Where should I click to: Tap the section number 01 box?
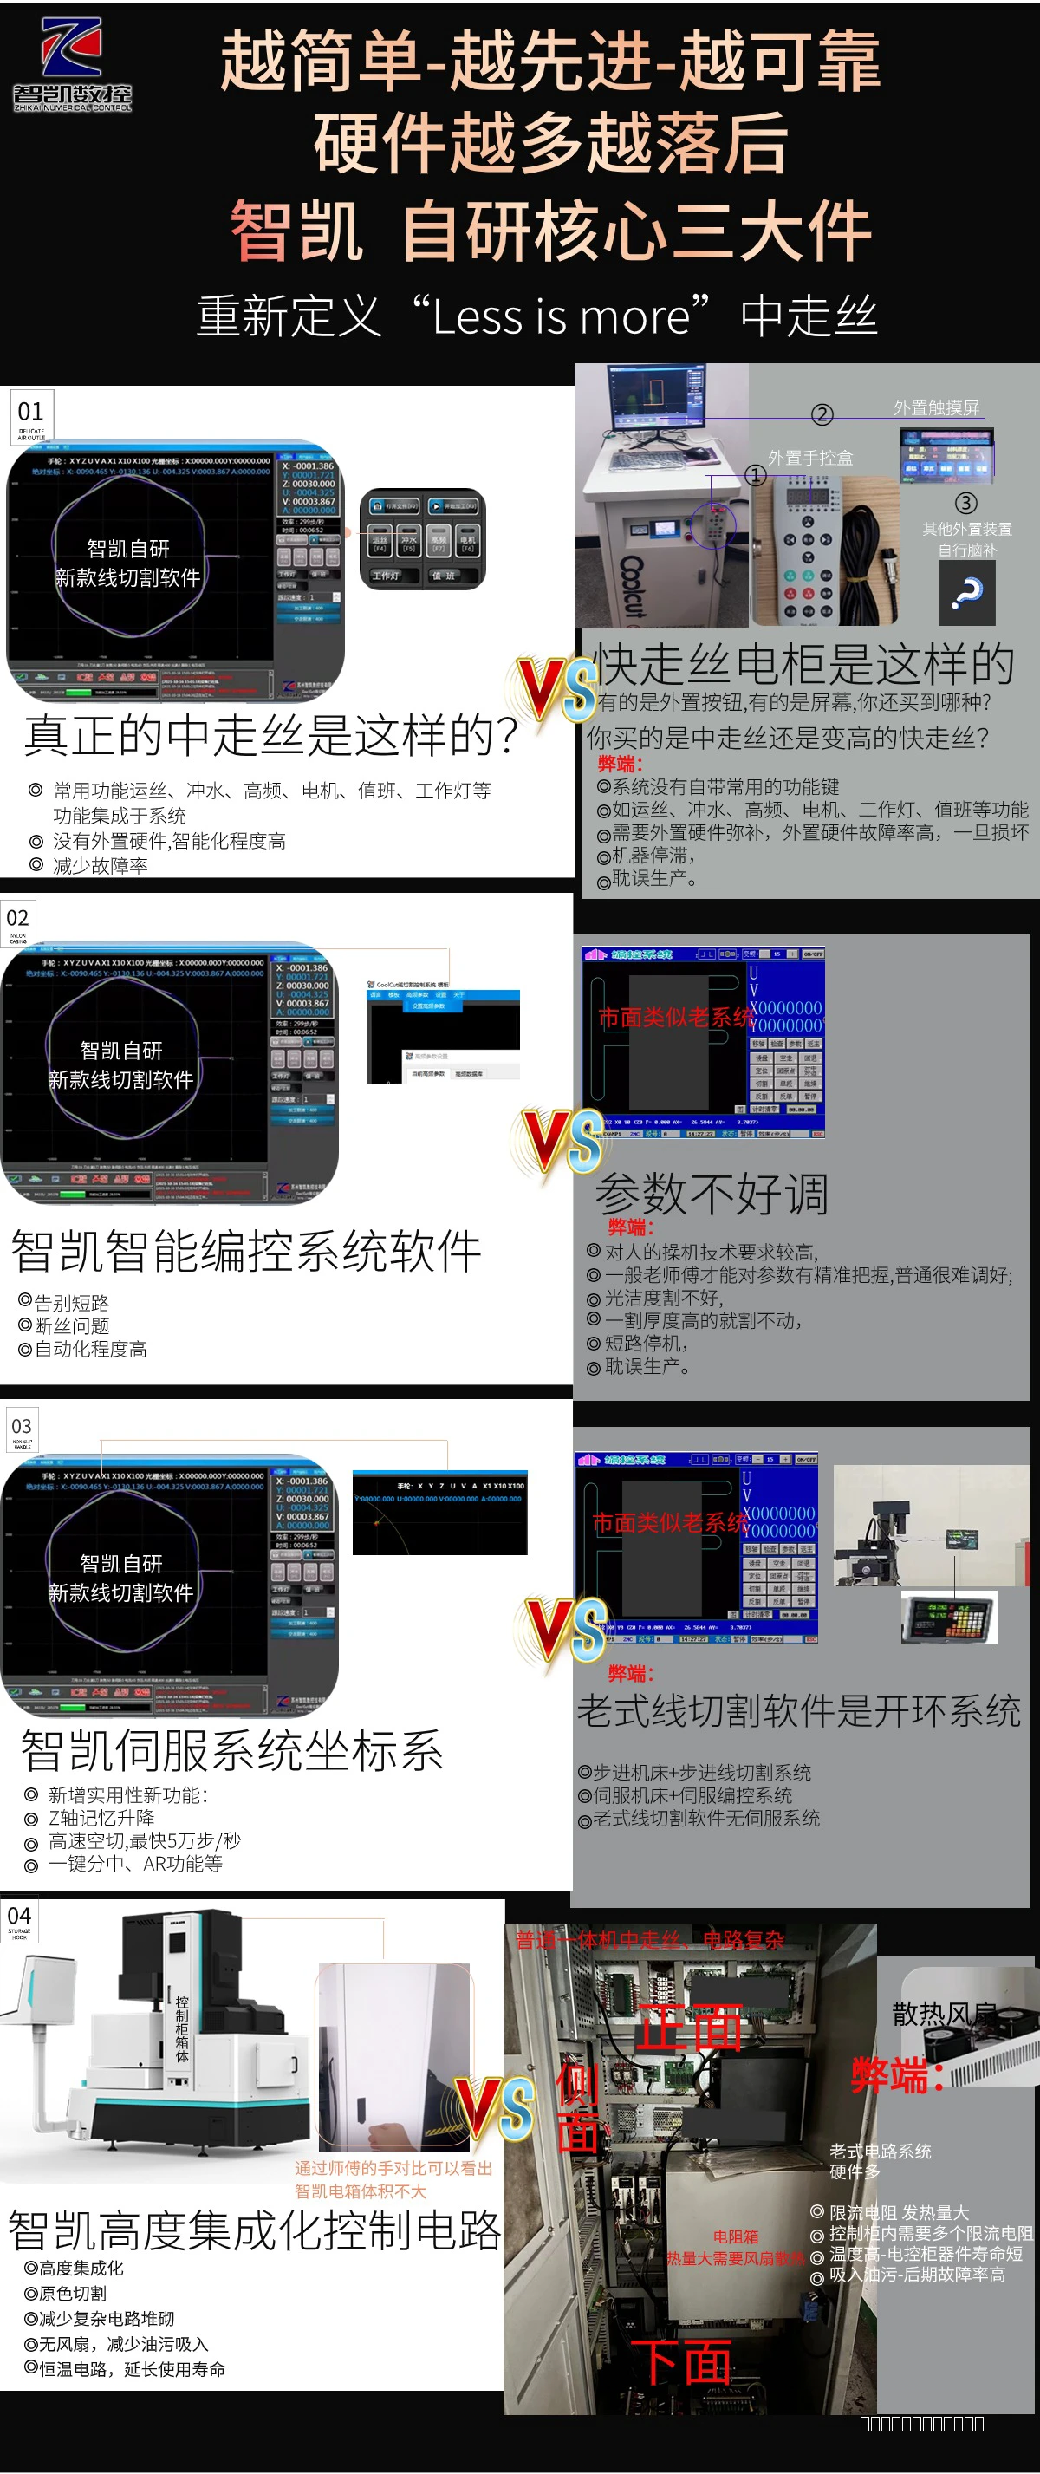(x=30, y=415)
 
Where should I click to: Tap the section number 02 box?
(x=18, y=921)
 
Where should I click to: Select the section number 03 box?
(x=22, y=1429)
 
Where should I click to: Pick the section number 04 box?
(x=19, y=1921)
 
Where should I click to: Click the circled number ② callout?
(x=821, y=414)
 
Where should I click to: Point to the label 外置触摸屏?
(x=935, y=407)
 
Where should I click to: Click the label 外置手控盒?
(x=809, y=458)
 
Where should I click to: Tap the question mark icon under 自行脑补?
(x=966, y=593)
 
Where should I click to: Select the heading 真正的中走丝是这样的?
(x=270, y=736)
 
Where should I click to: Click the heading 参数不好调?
(x=711, y=1194)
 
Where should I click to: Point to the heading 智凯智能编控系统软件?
(x=246, y=1252)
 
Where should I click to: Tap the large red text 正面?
(x=690, y=2028)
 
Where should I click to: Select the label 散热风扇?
(x=943, y=2014)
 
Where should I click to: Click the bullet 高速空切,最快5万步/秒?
(x=144, y=1840)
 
